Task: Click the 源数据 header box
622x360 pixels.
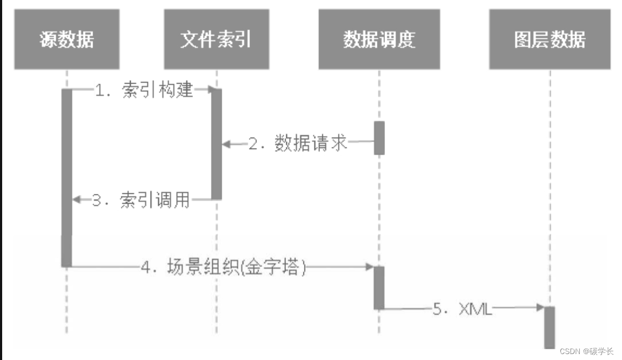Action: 66,39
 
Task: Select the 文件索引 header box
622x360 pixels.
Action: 216,39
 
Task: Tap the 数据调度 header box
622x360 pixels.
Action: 379,39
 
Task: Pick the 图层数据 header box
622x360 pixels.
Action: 550,39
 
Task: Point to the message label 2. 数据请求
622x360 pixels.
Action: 297,144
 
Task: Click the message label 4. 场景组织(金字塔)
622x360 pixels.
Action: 223,267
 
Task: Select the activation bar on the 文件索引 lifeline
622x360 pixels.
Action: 216,144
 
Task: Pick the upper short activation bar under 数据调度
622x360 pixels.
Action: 379,137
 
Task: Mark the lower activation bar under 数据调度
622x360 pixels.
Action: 379,288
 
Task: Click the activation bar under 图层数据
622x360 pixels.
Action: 550,327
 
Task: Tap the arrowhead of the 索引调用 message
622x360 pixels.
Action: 77,200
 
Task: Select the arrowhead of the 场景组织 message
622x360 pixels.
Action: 369,267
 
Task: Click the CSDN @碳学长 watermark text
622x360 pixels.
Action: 586,351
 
